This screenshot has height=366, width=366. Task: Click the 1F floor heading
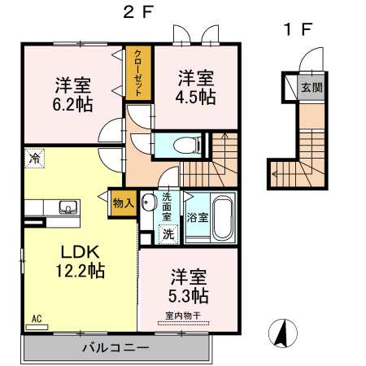pyautogui.click(x=297, y=30)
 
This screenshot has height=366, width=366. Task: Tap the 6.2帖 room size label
pyautogui.click(x=72, y=103)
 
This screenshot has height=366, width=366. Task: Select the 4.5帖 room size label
pyautogui.click(x=197, y=97)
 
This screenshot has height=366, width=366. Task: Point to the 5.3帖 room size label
pyautogui.click(x=190, y=294)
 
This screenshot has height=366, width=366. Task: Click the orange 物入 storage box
pyautogui.click(x=123, y=203)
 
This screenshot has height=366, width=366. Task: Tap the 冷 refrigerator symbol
pyautogui.click(x=34, y=159)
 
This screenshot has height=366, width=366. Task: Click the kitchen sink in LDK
pyautogui.click(x=67, y=205)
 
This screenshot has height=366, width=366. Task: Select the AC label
pyautogui.click(x=37, y=319)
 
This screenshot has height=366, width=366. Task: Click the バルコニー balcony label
pyautogui.click(x=115, y=348)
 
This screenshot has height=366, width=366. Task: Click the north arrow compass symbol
pyautogui.click(x=282, y=332)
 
